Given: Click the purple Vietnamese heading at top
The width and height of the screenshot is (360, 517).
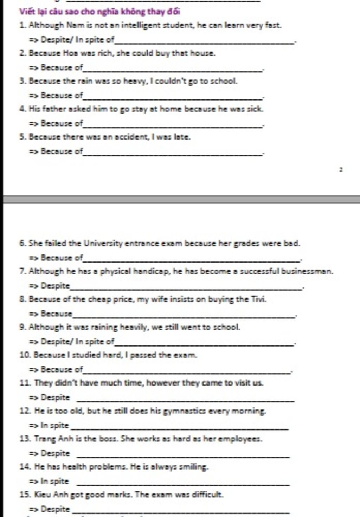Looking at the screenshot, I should click(x=99, y=12).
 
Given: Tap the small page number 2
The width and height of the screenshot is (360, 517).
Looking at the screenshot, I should click(x=341, y=169).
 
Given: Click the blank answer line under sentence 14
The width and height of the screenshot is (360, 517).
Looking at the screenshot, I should click(x=183, y=485).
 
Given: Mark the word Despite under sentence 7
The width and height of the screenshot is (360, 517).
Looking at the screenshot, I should click(x=55, y=286).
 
